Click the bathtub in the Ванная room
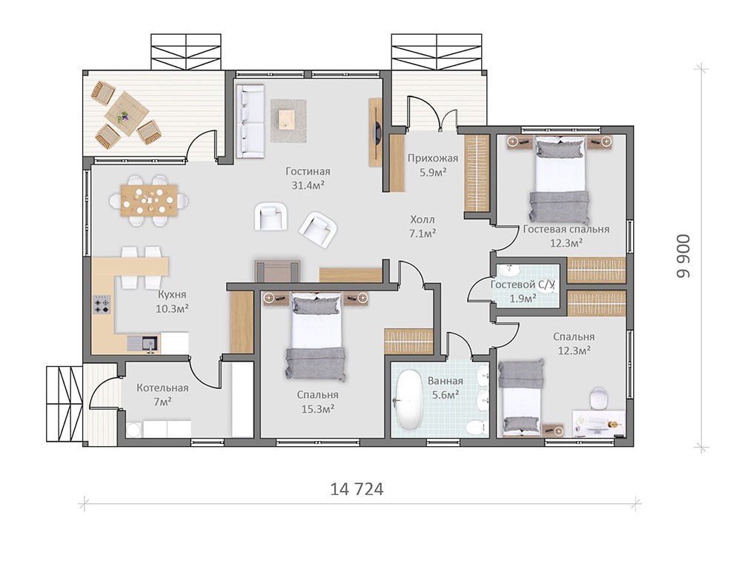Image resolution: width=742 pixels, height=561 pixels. coord(408,399)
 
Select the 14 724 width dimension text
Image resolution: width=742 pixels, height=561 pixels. coord(357,489)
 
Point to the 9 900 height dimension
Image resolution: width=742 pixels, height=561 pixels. coord(683,256)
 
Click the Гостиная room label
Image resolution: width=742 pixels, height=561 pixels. coord(308,171)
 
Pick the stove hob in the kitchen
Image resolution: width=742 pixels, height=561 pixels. coord(102,305)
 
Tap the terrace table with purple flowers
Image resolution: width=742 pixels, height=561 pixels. coord(126,113)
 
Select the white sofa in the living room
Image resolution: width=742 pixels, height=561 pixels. coord(251,121)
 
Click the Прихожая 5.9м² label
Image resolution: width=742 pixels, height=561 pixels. coord(433,165)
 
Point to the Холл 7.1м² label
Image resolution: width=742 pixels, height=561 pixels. coord(423,226)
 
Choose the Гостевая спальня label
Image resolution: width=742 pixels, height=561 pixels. coord(566,230)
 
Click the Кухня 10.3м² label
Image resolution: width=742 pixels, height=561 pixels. coord(173,302)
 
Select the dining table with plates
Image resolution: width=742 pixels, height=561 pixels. coord(149,200)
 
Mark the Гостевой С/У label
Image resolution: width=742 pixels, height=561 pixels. coord(522,285)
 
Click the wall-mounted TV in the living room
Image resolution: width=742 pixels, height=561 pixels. coord(376,133)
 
